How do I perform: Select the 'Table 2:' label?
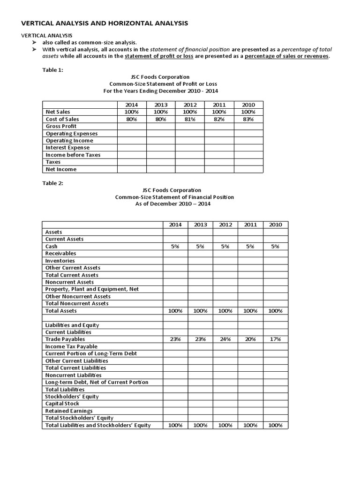(x=52, y=183)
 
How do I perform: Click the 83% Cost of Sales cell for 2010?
(x=248, y=119)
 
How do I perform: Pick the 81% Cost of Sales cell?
(x=190, y=119)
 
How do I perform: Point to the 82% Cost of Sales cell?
(x=219, y=119)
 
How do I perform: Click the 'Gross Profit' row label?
(x=61, y=127)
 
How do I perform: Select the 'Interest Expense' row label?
(x=67, y=148)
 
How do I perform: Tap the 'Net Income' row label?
(x=61, y=169)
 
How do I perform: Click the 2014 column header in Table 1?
(x=132, y=105)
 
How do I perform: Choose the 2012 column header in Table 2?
(x=225, y=225)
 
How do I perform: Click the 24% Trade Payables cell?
(x=225, y=339)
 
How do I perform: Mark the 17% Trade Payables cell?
(x=276, y=339)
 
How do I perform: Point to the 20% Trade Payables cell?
(x=250, y=339)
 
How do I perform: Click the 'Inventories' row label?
(x=60, y=261)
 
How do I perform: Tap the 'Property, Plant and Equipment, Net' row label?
(x=92, y=289)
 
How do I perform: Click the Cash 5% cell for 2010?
(x=276, y=246)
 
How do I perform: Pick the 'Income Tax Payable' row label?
(x=71, y=346)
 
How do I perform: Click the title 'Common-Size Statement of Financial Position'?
(x=174, y=197)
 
